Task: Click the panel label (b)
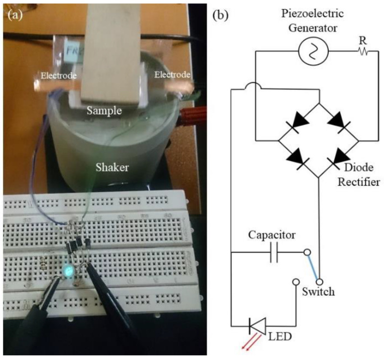click(222, 14)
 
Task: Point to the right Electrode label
click(172, 74)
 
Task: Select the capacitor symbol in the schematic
click(274, 252)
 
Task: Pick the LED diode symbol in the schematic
click(256, 328)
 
